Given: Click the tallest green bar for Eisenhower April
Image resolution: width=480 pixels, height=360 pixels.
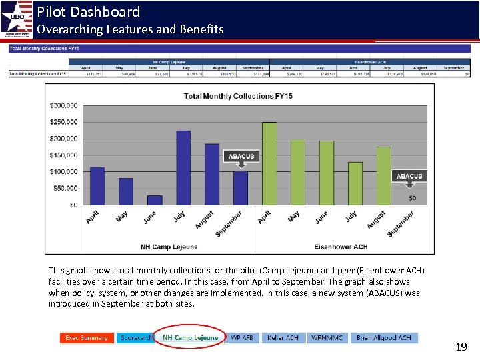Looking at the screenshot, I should pos(269,163).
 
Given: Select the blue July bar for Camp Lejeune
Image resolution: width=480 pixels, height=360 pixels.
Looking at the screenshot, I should pos(183,167).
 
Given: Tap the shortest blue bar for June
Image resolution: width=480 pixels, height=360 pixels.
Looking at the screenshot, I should pos(155,200).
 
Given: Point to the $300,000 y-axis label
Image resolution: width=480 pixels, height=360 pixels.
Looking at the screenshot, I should pos(63,105).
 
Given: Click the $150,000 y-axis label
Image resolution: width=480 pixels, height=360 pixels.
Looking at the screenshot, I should pos(63,155).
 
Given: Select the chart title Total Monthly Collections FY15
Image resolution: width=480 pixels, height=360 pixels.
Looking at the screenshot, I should pos(238,96).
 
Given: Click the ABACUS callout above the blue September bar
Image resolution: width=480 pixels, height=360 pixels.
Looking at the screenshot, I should pos(241,156).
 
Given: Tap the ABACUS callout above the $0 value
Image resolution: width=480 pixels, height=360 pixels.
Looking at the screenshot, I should pos(409,176).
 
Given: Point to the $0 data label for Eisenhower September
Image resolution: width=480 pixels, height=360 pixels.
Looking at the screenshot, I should pos(412,198).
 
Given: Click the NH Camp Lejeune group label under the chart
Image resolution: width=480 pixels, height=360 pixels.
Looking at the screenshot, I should pos(169,247).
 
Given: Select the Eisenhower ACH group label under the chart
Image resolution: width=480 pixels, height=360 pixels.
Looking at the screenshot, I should pos(341,247).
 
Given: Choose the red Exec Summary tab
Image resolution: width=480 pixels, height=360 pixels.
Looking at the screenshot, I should pos(86,338).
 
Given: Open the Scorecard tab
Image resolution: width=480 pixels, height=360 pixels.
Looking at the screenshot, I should pos(135,338).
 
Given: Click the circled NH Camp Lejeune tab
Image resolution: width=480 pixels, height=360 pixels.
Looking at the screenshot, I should pos(190,338).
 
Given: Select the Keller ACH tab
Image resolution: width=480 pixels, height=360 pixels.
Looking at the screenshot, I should pos(283,338).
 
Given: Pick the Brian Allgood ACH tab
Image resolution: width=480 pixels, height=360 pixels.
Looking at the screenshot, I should pos(383,338).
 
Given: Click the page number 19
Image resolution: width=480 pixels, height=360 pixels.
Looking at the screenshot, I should pos(461,347).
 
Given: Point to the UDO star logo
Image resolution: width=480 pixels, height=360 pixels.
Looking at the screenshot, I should pos(17,18).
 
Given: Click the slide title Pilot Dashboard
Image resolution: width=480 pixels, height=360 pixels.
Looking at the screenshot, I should pos(89,11).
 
